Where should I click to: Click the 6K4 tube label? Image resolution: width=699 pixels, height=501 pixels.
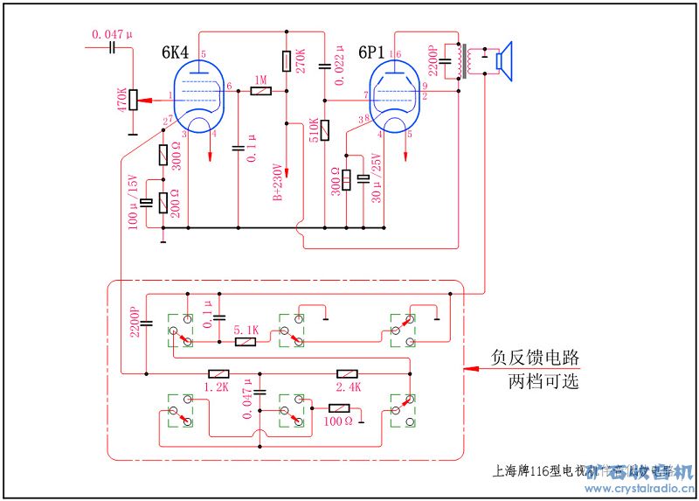[x=176, y=52]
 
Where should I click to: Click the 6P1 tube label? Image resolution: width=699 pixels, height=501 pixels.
[x=373, y=52]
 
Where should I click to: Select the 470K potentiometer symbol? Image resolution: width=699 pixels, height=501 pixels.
[x=133, y=99]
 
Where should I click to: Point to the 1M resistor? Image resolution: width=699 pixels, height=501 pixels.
[x=260, y=90]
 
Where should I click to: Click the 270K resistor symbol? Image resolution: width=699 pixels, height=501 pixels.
[x=287, y=61]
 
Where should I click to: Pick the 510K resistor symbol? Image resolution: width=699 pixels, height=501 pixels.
[x=324, y=131]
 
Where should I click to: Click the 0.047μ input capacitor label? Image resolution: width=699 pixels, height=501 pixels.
[x=113, y=34]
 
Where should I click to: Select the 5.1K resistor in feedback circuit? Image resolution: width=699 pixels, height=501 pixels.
[x=246, y=341]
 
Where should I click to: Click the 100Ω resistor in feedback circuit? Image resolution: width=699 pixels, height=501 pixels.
[x=339, y=407]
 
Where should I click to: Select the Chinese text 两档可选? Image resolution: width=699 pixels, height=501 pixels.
[x=543, y=382]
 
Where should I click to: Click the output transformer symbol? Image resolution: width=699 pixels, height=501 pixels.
[x=465, y=61]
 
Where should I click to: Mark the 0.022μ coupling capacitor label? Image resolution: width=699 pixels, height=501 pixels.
[x=339, y=66]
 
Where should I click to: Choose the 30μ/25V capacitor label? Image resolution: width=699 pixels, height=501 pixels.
[x=377, y=180]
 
